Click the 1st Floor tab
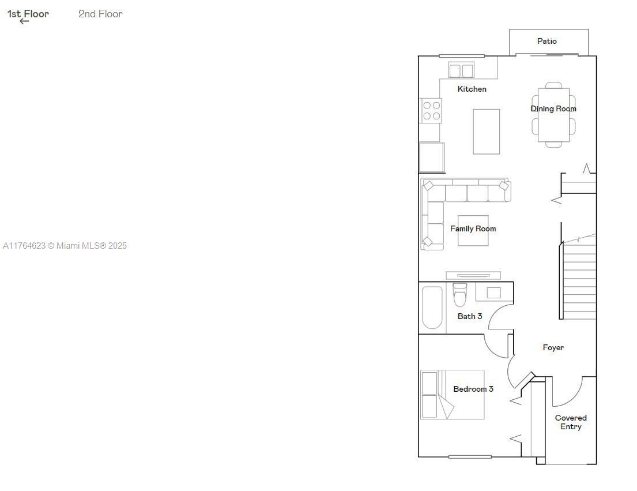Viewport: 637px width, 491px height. click(28, 14)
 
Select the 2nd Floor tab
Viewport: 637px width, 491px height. click(100, 14)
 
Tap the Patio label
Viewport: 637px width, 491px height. click(547, 41)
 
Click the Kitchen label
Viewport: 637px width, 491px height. click(472, 89)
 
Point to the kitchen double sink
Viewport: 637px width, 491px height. click(461, 70)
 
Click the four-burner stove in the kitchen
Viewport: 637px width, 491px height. click(431, 111)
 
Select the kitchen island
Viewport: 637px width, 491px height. click(487, 132)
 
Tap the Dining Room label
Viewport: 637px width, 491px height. click(553, 108)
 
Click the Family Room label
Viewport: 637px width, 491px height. click(473, 229)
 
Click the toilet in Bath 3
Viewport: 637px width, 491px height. click(460, 295)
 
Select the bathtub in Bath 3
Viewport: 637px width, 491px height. click(432, 308)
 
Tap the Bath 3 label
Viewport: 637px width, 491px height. click(470, 316)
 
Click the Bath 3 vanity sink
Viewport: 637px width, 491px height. click(493, 293)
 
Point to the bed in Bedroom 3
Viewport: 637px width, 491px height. click(452, 394)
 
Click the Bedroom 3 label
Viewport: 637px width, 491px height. click(473, 389)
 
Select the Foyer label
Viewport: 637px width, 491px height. click(553, 347)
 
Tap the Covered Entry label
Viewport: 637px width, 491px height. click(571, 422)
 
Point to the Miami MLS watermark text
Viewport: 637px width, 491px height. click(65, 246)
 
